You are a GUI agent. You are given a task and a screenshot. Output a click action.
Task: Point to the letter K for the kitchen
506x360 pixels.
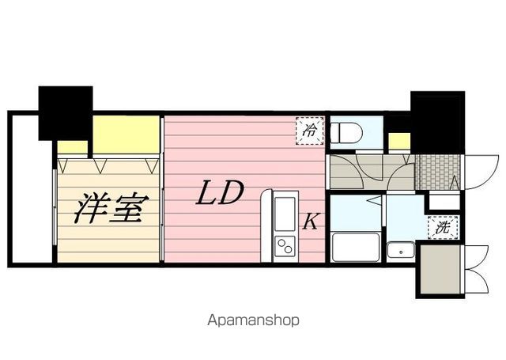click(x=311, y=222)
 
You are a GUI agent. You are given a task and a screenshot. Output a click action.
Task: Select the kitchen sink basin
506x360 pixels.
click(x=283, y=213)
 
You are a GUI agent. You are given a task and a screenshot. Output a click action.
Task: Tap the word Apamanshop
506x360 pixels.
click(x=253, y=320)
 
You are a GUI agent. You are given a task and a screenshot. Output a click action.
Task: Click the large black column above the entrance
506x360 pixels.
click(x=436, y=123)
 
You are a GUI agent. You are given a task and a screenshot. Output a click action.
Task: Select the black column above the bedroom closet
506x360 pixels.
click(x=65, y=112)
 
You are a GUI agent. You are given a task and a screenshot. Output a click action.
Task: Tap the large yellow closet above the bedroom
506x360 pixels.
click(x=126, y=135)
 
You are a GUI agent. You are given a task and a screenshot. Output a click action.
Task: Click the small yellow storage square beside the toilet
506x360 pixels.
click(x=399, y=141)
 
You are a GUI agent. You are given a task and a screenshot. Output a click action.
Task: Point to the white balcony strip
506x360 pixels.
click(x=31, y=190)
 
